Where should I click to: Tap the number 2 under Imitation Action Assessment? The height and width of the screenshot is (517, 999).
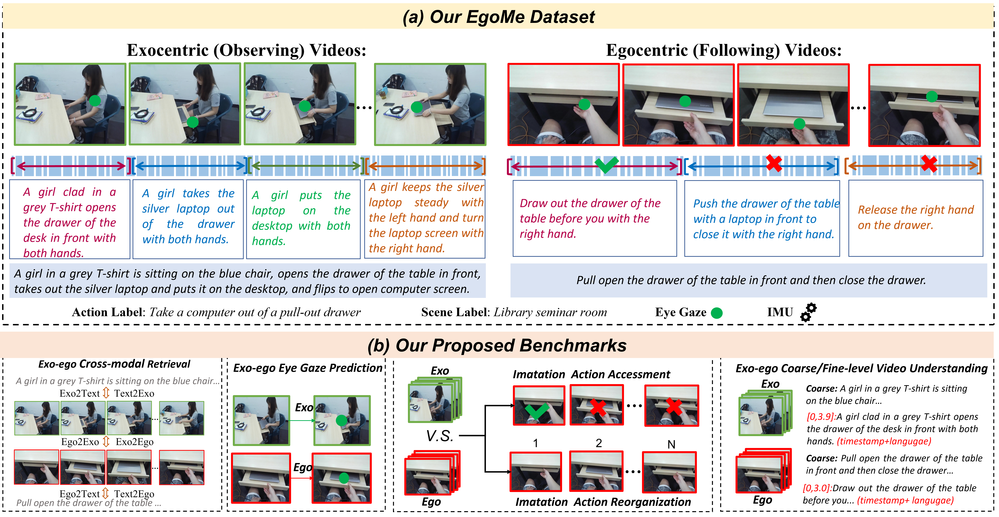pyautogui.click(x=599, y=443)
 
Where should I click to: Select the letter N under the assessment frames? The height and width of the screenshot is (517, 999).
pyautogui.click(x=671, y=444)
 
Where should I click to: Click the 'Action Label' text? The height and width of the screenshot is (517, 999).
pyautogui.click(x=107, y=312)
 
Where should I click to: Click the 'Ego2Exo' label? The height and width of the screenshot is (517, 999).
pyautogui.click(x=80, y=442)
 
